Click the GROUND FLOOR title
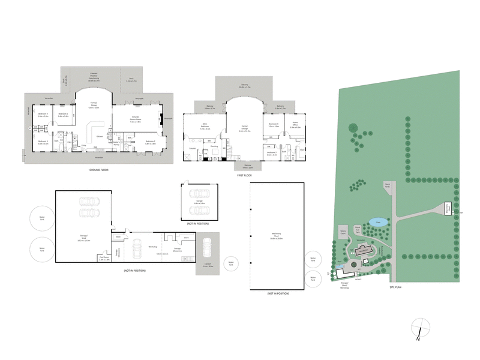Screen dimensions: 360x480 (x=97, y=170)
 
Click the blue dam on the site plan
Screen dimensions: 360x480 (x=376, y=222)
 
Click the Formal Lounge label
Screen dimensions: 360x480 (x=245, y=128)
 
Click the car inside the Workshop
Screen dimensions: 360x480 (x=137, y=247)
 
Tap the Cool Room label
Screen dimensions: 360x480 (x=104, y=259)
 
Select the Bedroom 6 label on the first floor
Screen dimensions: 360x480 (x=274, y=126)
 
